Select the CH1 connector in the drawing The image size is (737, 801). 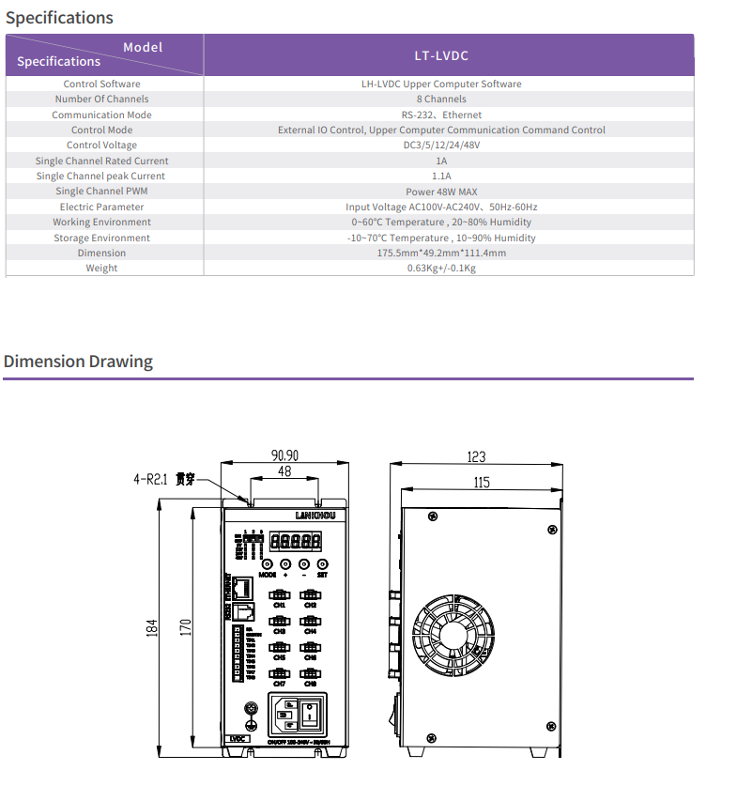tap(279, 594)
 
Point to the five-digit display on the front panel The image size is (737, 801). tap(297, 542)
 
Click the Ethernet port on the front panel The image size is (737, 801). tap(242, 589)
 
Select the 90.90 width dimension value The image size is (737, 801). tap(286, 455)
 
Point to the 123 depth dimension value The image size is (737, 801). tap(476, 456)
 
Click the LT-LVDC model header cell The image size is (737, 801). tap(448, 55)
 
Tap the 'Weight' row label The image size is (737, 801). tap(101, 269)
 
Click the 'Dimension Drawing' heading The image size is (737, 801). tap(78, 362)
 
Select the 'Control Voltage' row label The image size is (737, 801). tap(101, 146)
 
